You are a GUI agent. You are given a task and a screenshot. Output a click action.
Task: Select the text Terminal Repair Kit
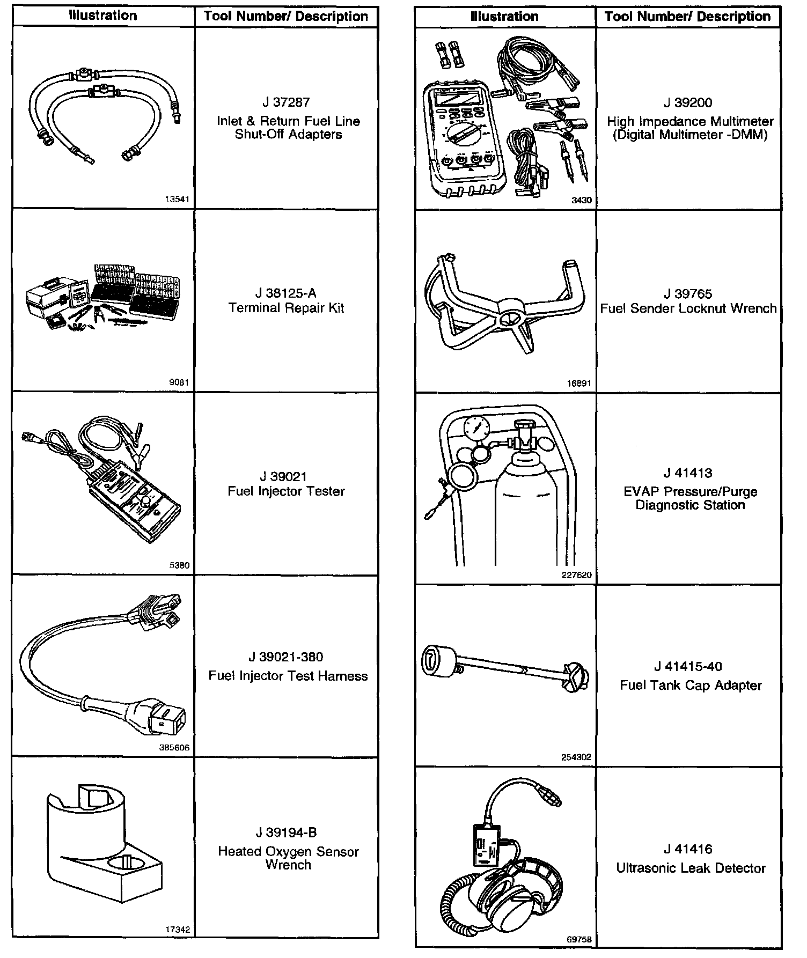point(286,308)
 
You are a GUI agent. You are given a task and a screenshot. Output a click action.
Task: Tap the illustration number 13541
point(177,200)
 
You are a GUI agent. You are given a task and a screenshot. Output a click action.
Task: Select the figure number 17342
point(177,930)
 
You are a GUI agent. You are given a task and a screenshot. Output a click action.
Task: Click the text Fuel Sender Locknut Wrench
point(688,308)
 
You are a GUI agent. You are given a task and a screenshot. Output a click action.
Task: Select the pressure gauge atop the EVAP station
point(475,429)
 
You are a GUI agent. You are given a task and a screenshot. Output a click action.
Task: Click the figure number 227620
point(576,575)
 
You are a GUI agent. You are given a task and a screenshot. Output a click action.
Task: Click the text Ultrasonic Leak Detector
point(691,868)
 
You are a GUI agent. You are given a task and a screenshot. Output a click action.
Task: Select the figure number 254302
point(576,757)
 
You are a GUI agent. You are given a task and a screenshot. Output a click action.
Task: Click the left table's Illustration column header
point(103,16)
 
